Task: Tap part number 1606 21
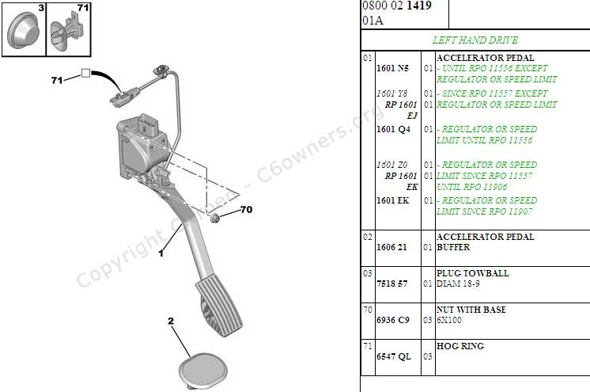pos(392,247)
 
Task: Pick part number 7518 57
pos(392,284)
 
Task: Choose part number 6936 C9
pos(393,320)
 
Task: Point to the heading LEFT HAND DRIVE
pos(474,39)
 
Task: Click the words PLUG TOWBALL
pos(473,273)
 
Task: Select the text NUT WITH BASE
pos(471,310)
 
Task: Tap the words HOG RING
pos(460,346)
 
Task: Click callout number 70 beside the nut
pos(245,211)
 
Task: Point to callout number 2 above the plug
pos(170,321)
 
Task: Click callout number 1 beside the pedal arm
pos(161,253)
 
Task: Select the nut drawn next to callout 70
pos(215,218)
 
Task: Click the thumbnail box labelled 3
pos(24,29)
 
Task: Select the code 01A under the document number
pos(373,21)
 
